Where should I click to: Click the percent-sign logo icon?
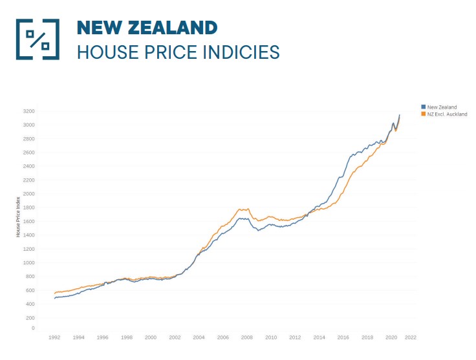(x=38, y=39)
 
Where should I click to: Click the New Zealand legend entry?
(x=441, y=107)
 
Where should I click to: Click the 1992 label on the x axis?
(x=54, y=337)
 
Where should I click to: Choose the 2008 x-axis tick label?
(x=247, y=337)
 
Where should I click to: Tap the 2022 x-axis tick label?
(x=410, y=337)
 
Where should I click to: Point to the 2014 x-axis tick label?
(x=319, y=337)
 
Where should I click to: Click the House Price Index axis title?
(x=19, y=218)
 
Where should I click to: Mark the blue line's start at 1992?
(x=55, y=298)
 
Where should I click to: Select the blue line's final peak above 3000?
(x=399, y=115)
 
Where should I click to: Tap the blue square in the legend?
(x=423, y=107)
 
